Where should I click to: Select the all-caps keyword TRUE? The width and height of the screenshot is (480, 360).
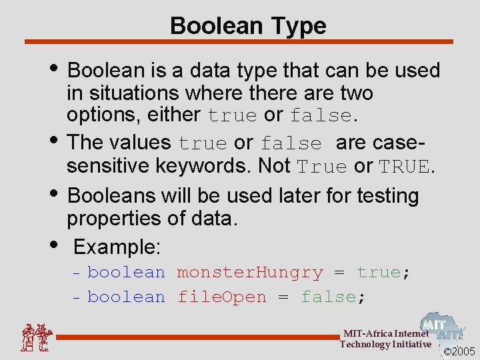pos(404,166)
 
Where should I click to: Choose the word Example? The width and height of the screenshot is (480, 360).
pos(117,247)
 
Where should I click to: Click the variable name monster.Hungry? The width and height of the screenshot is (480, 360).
pos(249,273)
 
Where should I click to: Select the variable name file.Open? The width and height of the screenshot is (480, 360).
pos(221,297)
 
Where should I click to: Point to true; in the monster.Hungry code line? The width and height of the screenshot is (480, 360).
pos(383,273)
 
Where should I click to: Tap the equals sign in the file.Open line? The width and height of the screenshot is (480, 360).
pos(283,298)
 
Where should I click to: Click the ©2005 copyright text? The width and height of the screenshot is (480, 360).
pos(459,351)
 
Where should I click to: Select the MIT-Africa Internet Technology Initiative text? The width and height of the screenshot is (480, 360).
pos(385,339)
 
